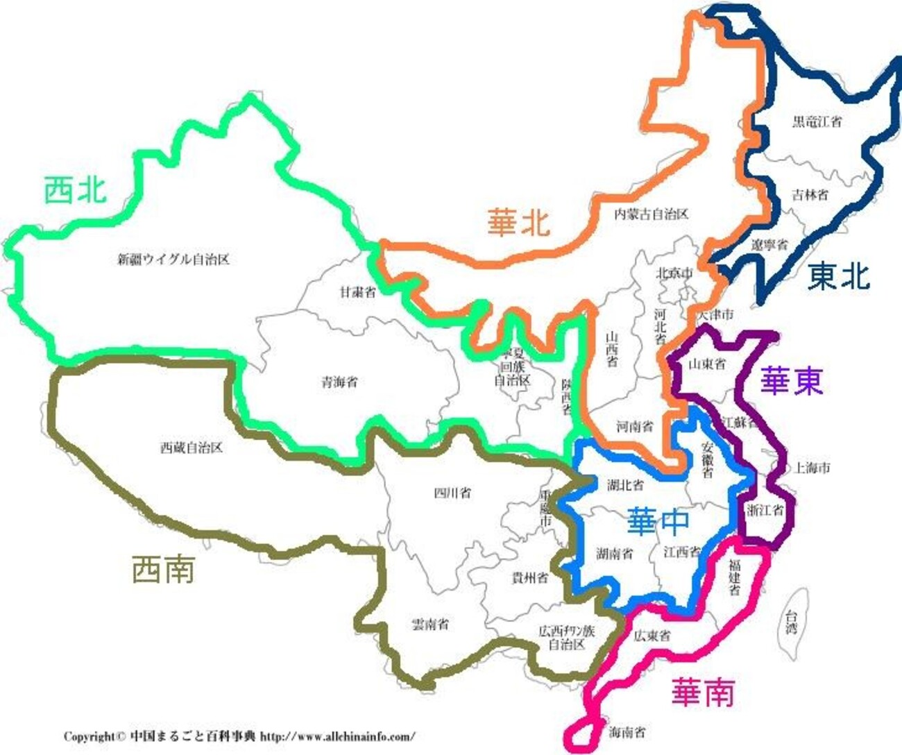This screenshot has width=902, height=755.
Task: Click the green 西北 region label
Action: click(x=76, y=189)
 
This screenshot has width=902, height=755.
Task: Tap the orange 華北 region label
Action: click(x=518, y=222)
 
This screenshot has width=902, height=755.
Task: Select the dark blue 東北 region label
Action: click(x=838, y=277)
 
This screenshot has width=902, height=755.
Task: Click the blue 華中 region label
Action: click(x=658, y=522)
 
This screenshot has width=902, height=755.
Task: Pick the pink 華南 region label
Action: click(x=703, y=692)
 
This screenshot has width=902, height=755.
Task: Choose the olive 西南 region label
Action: click(x=163, y=570)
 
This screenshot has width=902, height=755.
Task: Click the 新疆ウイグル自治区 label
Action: click(x=173, y=260)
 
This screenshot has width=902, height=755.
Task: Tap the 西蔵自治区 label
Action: click(x=192, y=448)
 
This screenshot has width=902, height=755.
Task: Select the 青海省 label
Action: click(x=339, y=382)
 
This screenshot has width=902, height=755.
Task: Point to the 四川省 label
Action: click(x=452, y=493)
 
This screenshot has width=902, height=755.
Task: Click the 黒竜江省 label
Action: click(x=817, y=122)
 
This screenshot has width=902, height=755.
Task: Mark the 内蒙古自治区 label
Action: click(x=651, y=214)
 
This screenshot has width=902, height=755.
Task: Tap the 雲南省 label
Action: click(x=429, y=624)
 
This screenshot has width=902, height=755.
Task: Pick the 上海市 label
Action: click(x=812, y=468)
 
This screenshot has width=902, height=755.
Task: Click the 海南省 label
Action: click(x=627, y=731)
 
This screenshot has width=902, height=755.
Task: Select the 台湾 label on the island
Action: click(x=791, y=621)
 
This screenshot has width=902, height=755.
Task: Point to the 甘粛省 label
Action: click(x=357, y=292)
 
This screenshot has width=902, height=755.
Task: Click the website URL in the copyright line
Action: click(x=338, y=736)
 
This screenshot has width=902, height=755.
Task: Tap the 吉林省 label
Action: click(x=810, y=195)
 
